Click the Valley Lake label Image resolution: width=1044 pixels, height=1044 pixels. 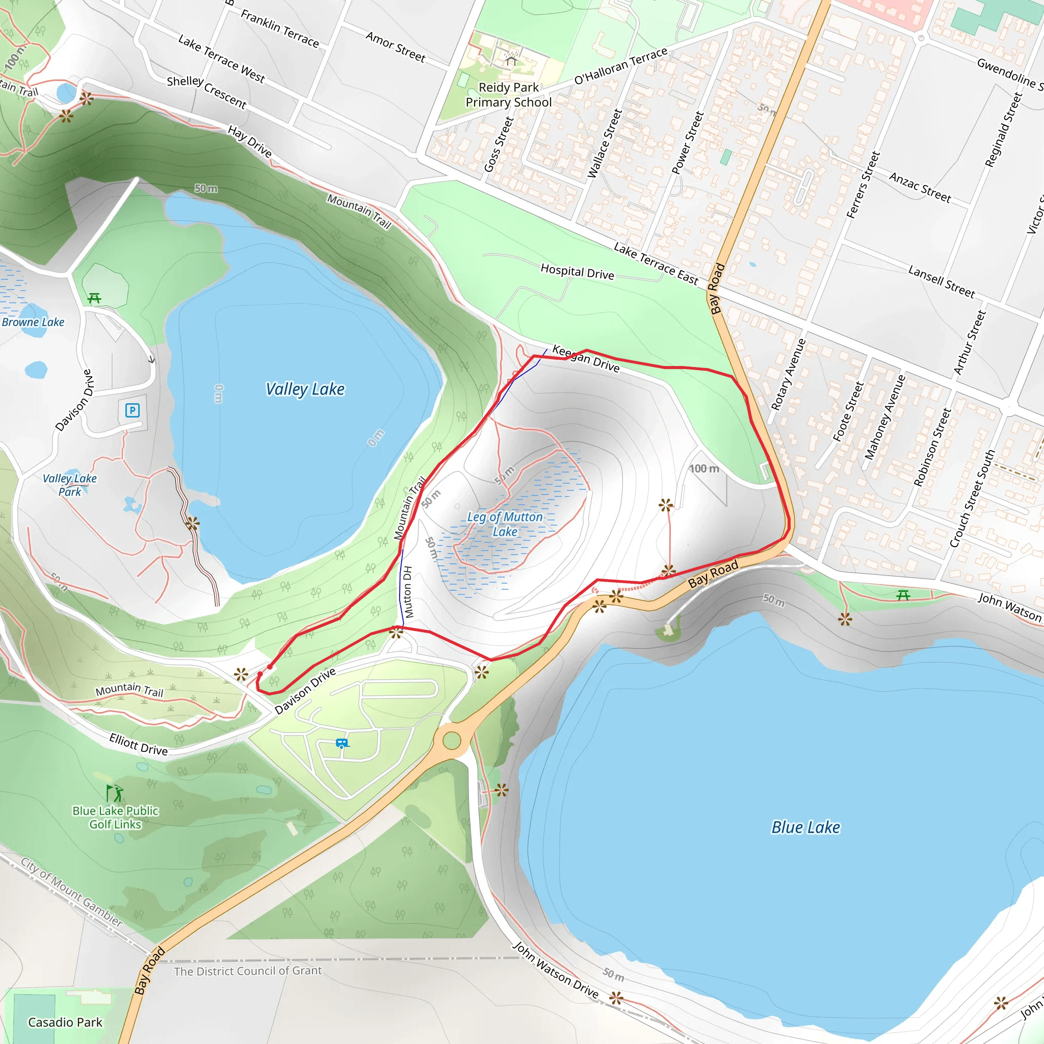[305, 389]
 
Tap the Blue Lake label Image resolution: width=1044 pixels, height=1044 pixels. [805, 827]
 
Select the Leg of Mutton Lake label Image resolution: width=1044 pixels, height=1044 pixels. [505, 524]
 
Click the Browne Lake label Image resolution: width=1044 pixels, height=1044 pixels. [33, 322]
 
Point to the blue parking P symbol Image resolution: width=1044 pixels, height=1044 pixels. [133, 410]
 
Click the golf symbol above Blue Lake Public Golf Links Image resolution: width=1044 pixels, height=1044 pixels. [115, 793]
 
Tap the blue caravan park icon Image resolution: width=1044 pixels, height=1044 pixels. [342, 744]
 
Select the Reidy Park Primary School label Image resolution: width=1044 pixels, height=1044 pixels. [508, 95]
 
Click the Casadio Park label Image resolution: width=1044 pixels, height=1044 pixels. [65, 1022]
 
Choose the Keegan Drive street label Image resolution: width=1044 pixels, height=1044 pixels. [586, 358]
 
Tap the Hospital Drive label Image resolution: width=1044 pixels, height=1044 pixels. [577, 272]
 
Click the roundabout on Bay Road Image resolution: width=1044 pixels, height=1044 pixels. [452, 740]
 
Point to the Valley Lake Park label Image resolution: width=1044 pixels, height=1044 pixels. [70, 485]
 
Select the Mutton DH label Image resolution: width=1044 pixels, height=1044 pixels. [408, 592]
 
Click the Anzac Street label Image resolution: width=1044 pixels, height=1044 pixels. [920, 187]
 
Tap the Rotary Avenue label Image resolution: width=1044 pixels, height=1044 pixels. [788, 375]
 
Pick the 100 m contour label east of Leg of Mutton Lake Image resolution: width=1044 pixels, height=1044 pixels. [704, 468]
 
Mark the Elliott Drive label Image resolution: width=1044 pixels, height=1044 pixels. [138, 744]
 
